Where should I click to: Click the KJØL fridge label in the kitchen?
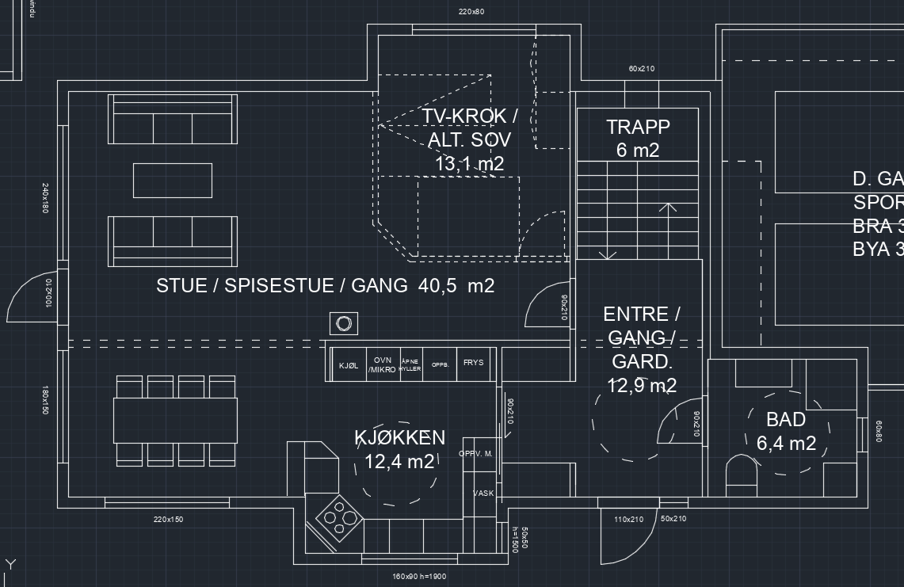(349, 366)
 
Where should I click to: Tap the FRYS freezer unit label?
(473, 363)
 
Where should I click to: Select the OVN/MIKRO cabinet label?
(382, 365)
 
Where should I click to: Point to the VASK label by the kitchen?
(483, 493)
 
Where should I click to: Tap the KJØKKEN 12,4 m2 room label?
(399, 449)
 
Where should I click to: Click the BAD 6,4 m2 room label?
(786, 431)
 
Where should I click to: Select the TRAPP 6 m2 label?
(638, 138)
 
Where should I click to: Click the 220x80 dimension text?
(471, 12)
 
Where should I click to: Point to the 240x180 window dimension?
(45, 198)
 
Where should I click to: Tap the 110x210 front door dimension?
(628, 520)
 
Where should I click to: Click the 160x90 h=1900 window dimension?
(419, 577)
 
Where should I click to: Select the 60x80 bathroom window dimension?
(878, 431)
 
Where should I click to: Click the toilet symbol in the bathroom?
(742, 474)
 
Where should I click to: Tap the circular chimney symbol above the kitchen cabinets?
(344, 323)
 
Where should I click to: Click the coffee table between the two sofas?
(173, 180)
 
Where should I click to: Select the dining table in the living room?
(175, 420)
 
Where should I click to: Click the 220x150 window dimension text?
(168, 520)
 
